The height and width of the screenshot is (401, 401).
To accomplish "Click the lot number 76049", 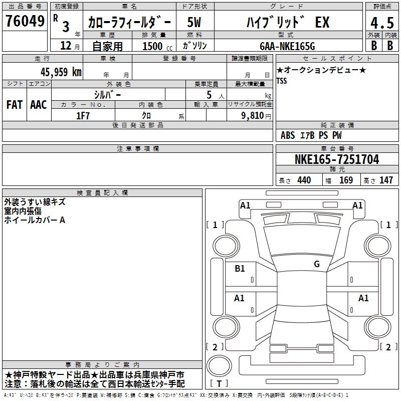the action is coord(25,21).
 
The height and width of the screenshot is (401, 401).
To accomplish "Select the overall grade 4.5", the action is coord(382,23).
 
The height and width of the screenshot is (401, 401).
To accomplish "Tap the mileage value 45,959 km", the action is coord(61,72).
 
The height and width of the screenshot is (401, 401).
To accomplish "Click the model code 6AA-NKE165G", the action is coord(287,46).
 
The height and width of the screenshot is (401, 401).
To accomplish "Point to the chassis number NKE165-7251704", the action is coord(337,159).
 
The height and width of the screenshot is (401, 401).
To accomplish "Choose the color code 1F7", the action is coord(83,116).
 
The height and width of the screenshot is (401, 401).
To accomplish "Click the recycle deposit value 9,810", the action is coord(253,116).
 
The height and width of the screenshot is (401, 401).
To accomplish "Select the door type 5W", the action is coord(194,22).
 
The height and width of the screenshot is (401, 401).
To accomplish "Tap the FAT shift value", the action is coord(15,105).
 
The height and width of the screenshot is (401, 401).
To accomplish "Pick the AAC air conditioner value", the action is coord(39,105).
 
